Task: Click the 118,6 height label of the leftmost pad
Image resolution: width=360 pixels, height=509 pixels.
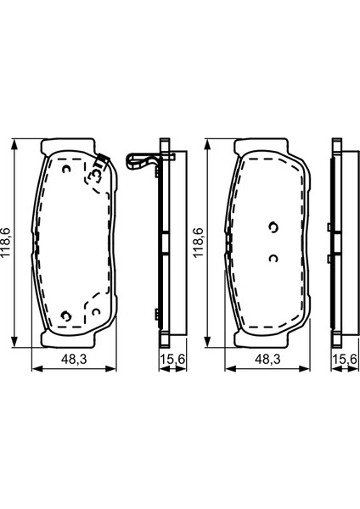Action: point(6,243)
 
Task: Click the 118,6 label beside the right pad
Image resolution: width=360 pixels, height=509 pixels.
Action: point(198,243)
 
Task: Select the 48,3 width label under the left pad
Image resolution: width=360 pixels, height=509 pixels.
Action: point(74,359)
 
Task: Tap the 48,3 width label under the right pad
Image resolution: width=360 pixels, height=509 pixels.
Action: point(267,359)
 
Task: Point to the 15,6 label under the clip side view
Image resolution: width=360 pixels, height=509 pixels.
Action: point(172,359)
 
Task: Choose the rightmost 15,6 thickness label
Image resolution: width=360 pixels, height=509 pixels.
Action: point(345,359)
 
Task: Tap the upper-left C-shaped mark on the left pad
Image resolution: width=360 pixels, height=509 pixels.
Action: point(67,169)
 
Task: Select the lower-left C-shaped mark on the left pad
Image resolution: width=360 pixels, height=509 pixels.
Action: point(66,316)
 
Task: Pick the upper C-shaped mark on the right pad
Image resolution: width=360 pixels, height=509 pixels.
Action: point(273,227)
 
